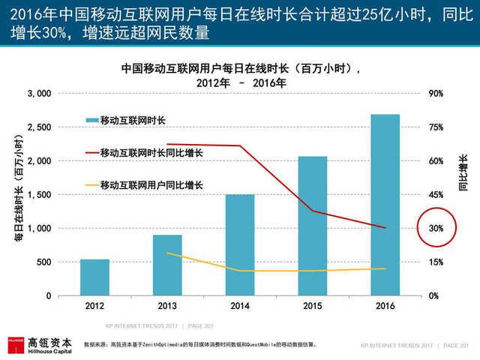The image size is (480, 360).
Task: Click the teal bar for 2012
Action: pyautogui.click(x=95, y=277)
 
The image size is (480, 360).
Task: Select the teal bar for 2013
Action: pyautogui.click(x=167, y=265)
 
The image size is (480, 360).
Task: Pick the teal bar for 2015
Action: pyautogui.click(x=312, y=226)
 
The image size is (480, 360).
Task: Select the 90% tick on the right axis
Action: pyautogui.click(x=436, y=94)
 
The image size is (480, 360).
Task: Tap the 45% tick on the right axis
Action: pyautogui.click(x=436, y=195)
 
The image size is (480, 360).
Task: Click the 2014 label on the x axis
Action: pyautogui.click(x=239, y=306)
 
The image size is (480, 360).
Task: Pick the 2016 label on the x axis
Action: pyautogui.click(x=385, y=306)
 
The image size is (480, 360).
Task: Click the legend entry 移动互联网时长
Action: pyautogui.click(x=132, y=120)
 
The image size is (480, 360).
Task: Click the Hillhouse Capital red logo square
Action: pyautogui.click(x=16, y=344)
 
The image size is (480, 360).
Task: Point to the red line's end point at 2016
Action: pyautogui.click(x=385, y=228)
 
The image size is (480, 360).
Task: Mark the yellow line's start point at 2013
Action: pyautogui.click(x=167, y=253)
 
